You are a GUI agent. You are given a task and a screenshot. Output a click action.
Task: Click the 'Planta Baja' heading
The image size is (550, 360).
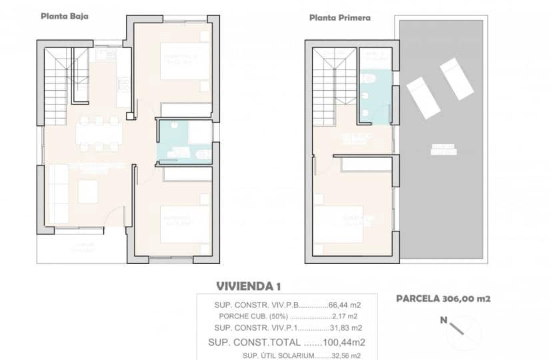tap(64, 16)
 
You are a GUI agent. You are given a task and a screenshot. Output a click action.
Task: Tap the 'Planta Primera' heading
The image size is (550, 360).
tap(340, 18)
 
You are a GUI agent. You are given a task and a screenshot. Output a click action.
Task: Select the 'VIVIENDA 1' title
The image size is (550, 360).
tap(248, 286)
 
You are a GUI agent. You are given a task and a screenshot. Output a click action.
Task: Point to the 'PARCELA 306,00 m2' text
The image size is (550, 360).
tap(443, 299)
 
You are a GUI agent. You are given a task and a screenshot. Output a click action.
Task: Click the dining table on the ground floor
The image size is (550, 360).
tap(99, 134)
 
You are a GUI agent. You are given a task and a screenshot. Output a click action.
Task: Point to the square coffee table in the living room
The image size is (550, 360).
tap(89, 192)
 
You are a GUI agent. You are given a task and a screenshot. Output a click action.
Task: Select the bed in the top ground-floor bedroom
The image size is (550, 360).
tap(185, 61)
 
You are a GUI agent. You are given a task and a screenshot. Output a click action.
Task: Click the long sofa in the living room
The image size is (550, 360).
tap(59, 194)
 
